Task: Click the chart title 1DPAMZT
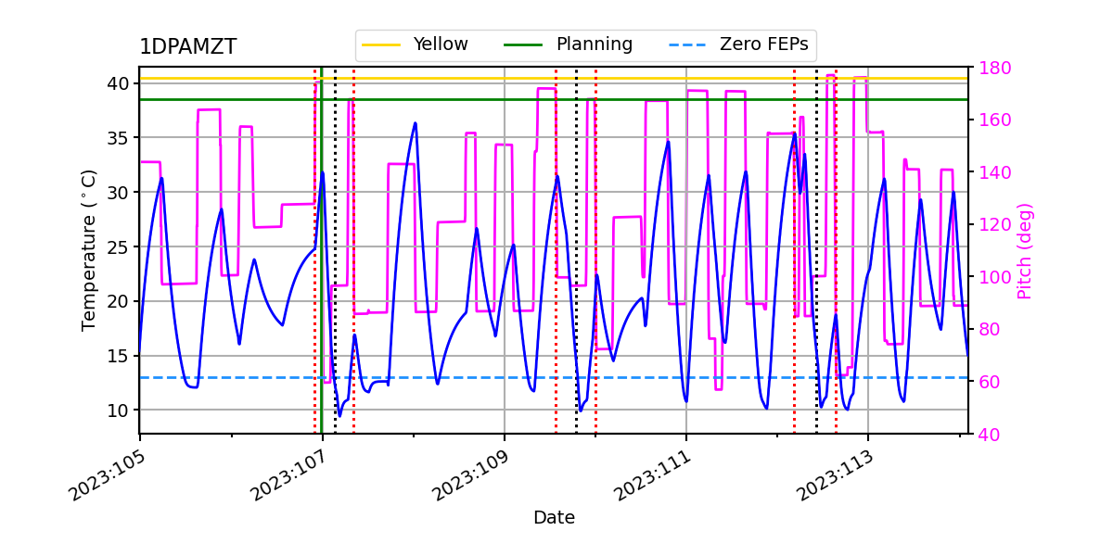point(187,47)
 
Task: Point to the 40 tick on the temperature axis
point(119,83)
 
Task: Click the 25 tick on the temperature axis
point(119,246)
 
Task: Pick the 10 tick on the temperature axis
point(119,410)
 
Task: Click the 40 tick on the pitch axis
point(987,434)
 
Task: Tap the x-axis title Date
point(554,518)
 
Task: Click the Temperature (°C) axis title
point(89,249)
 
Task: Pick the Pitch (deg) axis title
point(1024,250)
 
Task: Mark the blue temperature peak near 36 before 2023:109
point(415,123)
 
